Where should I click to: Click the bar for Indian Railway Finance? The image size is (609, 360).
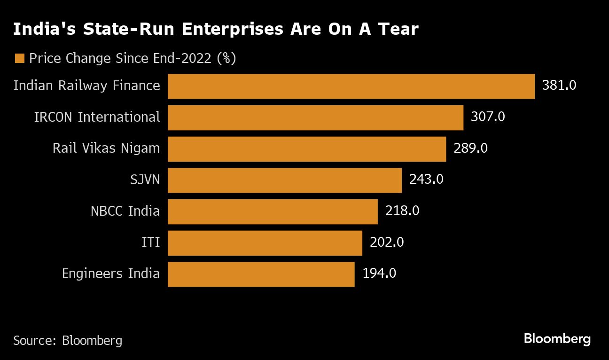(351, 86)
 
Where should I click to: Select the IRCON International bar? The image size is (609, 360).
(315, 117)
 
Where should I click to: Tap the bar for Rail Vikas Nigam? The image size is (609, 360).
(306, 149)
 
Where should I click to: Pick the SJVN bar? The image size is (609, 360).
(284, 180)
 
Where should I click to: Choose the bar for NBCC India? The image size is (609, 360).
(273, 211)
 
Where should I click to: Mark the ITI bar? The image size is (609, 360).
(265, 243)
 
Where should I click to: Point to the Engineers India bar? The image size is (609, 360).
(261, 274)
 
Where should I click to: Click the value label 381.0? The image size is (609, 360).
(559, 86)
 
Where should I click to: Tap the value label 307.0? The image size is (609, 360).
(488, 117)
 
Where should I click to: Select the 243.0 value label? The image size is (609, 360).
(426, 180)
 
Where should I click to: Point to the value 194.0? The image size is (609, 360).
(379, 274)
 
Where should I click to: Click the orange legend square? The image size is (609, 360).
(19, 59)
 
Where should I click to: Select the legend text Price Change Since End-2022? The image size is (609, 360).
(132, 59)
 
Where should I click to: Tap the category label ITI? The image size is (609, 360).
(151, 243)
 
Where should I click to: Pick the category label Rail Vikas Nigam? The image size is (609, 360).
(106, 149)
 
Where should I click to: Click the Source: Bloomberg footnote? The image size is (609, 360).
(68, 340)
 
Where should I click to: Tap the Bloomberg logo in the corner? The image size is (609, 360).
(557, 339)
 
